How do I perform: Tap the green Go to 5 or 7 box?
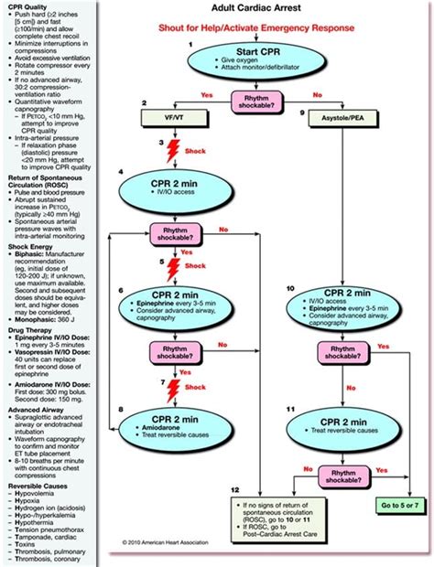[x=397, y=504]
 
